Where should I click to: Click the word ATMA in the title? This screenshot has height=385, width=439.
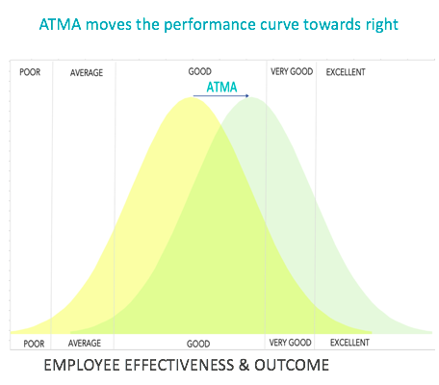pos(61,25)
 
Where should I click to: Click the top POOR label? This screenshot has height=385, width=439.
pos(30,72)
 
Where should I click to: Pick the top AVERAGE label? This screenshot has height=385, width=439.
pos(87,73)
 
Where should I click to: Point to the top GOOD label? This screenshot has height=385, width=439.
pos(200,71)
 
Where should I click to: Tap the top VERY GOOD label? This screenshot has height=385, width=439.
pos(292,71)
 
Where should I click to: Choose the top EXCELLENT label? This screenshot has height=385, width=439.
pos(346,72)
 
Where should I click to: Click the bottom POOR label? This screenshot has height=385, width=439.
pos(34,344)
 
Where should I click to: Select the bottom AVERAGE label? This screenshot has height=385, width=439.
pos(85,344)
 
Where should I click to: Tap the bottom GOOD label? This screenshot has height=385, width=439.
pos(198,344)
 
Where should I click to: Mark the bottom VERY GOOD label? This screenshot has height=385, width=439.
pos(290,343)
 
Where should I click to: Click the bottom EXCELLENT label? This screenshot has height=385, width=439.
pos(349,343)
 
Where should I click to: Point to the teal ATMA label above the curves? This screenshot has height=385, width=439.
pos(221,87)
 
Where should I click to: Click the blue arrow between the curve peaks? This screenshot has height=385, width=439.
pos(220,95)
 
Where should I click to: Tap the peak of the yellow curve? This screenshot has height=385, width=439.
pos(192,97)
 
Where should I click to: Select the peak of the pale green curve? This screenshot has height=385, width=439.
pos(252,97)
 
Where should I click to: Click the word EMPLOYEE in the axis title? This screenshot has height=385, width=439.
pos(82,366)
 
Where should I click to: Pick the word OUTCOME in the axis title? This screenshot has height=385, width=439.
pos(292,366)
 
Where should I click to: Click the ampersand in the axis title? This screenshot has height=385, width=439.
pos(244,366)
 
